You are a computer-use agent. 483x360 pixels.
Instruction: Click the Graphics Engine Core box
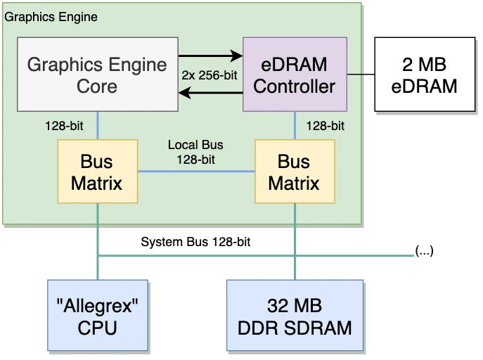coord(97,75)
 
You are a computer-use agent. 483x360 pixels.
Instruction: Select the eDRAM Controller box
coord(295,75)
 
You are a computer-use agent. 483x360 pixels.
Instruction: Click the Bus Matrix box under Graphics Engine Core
coord(97,172)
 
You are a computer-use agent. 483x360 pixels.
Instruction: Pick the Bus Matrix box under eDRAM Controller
coord(294,172)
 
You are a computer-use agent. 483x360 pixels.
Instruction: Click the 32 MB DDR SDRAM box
coord(295,316)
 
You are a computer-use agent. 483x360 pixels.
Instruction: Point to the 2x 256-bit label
coord(210,75)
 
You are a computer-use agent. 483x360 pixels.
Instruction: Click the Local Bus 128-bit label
coord(195,152)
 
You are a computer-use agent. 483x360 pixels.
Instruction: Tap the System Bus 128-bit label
coord(195,243)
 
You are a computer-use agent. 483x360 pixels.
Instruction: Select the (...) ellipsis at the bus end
coord(424,250)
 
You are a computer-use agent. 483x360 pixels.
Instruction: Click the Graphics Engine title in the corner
coord(51,16)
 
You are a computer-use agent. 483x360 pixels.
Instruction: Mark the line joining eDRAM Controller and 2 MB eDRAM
coord(361,75)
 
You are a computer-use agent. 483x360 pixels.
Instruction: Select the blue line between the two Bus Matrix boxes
coord(195,172)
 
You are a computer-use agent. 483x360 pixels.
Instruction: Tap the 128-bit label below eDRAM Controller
coord(326,127)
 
